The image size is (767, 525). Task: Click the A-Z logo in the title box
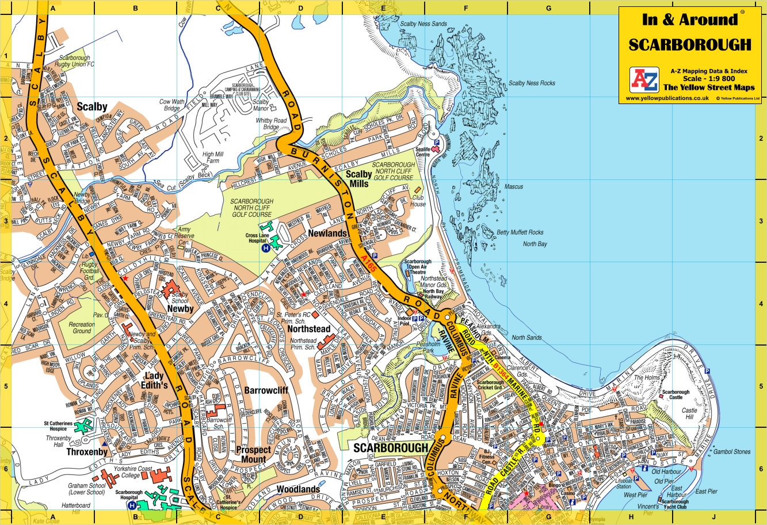tap(644, 80)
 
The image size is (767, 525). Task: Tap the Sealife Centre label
tap(423, 152)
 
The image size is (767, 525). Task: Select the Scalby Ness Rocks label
tap(532, 83)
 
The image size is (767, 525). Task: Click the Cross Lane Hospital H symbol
tap(266, 248)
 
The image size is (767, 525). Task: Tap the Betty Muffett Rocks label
tap(520, 233)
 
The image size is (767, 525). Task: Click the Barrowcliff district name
tap(266, 390)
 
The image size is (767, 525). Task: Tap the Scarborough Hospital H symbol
tap(132, 505)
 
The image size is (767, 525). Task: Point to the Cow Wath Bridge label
tap(172, 105)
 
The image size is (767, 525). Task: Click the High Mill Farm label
tap(212, 158)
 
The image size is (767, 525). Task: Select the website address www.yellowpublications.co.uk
tap(667, 98)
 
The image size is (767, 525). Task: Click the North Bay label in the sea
tap(535, 244)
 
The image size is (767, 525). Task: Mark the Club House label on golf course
tap(418, 201)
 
